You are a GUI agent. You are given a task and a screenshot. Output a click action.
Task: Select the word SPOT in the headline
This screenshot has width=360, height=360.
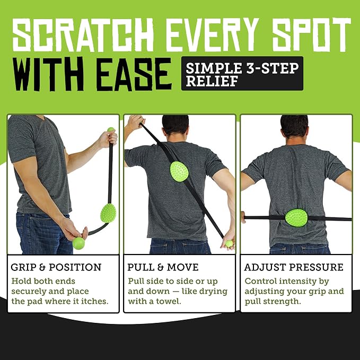point(311,34)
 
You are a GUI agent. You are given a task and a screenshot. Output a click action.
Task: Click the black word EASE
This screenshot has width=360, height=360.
point(134,74)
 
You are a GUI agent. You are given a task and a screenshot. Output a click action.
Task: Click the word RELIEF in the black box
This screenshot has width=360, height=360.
point(212,81)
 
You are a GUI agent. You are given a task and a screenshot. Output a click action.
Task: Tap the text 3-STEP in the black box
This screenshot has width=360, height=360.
point(273,68)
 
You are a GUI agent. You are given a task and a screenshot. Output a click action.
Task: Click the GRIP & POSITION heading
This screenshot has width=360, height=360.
point(56,267)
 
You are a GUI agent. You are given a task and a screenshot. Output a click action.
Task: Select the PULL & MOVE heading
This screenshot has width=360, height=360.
point(163,267)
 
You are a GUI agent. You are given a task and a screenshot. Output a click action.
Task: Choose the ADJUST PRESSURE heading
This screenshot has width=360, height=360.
point(294,267)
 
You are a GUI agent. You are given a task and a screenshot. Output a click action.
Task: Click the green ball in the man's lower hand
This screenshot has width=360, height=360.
point(79,243)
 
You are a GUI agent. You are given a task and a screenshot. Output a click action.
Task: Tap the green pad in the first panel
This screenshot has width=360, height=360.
point(108,213)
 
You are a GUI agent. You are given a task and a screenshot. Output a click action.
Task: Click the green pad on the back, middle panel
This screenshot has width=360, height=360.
point(179,172)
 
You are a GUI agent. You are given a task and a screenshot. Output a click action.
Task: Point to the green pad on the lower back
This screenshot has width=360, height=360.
point(296,218)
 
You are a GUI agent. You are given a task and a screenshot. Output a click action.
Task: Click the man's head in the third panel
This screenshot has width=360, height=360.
point(294,127)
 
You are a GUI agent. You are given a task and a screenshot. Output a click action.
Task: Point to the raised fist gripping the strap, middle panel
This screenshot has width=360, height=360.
point(136,122)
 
